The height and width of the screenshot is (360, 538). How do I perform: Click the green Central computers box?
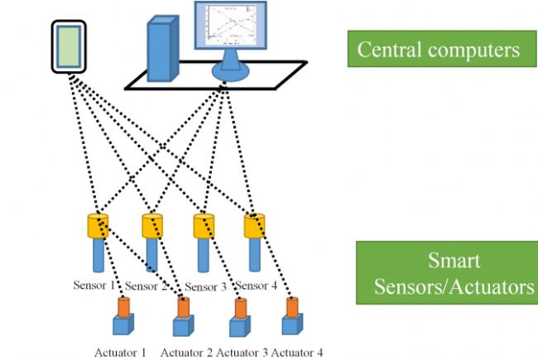pos(439,49)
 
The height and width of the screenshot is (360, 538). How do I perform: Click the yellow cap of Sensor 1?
pos(98,224)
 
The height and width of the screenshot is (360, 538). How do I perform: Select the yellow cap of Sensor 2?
pos(152,224)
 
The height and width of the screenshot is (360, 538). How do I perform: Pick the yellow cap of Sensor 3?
pos(204,224)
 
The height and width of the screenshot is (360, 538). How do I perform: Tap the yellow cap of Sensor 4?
pos(255,224)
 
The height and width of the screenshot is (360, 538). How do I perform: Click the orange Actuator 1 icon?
pos(123,307)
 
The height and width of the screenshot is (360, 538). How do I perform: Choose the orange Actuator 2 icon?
pos(183,307)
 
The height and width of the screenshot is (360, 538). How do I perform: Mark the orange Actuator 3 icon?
pos(240,307)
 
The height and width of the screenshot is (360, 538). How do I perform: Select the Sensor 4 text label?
pos(261,286)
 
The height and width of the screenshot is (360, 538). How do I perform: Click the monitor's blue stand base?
pos(230,74)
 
